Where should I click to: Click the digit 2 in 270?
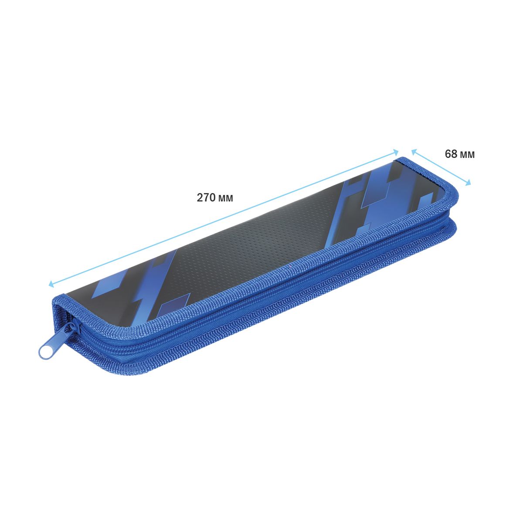200,198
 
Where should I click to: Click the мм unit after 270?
226,199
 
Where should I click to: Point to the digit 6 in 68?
448,154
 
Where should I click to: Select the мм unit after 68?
467,155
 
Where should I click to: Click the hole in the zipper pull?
44,352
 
